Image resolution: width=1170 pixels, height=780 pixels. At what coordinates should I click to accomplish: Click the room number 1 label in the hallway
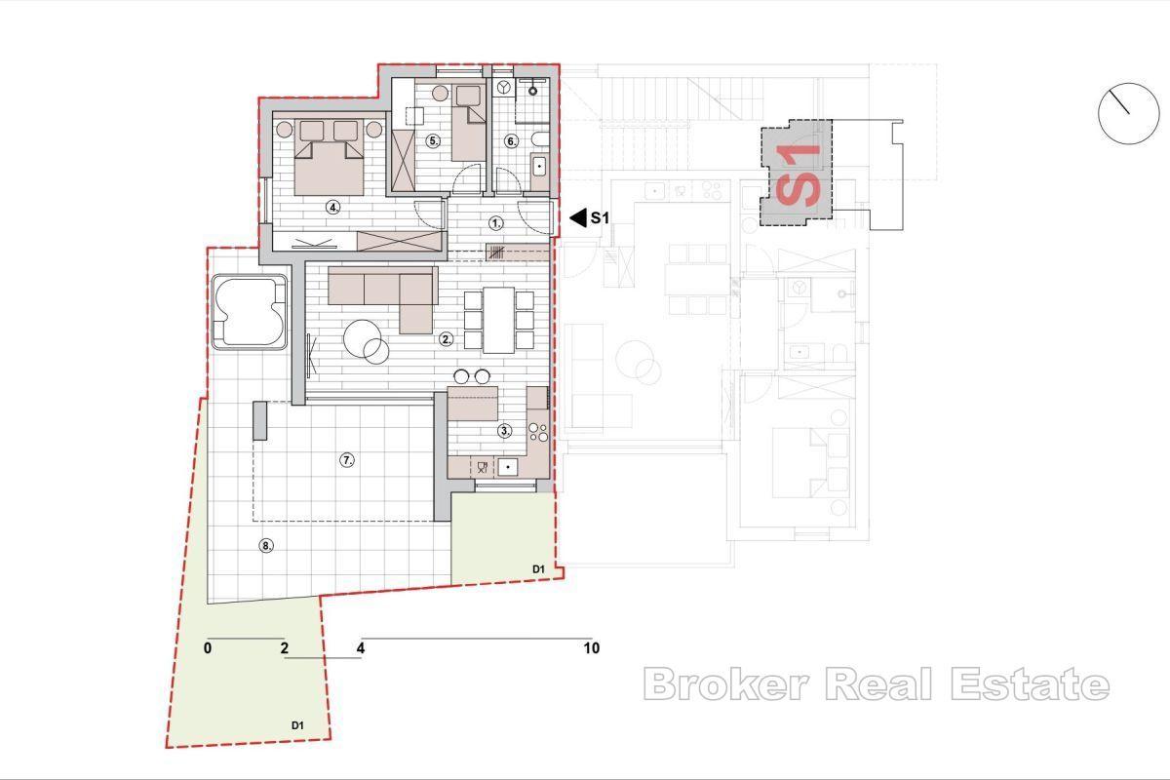coord(495,223)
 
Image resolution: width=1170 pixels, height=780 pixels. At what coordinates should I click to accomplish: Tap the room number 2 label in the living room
coord(446,339)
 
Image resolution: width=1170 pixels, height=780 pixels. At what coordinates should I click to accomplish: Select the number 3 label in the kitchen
coord(504,430)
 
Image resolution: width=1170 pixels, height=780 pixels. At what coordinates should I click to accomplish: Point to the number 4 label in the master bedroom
coord(332,207)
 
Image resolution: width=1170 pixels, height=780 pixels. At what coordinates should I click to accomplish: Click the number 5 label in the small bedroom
coord(434,140)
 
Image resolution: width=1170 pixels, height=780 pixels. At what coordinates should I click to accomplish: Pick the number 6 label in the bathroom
coord(511,140)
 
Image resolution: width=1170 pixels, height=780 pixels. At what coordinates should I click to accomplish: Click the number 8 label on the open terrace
coord(265,546)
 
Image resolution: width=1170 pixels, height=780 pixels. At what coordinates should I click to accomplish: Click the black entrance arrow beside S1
coord(577,218)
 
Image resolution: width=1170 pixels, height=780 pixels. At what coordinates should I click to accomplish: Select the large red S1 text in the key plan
coord(799,174)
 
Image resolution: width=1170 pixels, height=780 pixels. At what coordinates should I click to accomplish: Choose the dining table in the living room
coord(498,320)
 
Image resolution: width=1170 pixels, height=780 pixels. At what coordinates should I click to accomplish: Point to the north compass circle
coord(1128,114)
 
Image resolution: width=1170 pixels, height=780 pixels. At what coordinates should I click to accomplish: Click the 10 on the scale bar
coord(591,648)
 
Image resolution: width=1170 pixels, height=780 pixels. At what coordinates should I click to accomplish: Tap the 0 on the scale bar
coord(209,648)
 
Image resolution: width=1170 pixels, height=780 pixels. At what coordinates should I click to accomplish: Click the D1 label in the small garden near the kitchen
coord(537,568)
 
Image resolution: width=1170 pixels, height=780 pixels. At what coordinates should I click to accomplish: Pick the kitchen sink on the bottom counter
coord(506,467)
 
